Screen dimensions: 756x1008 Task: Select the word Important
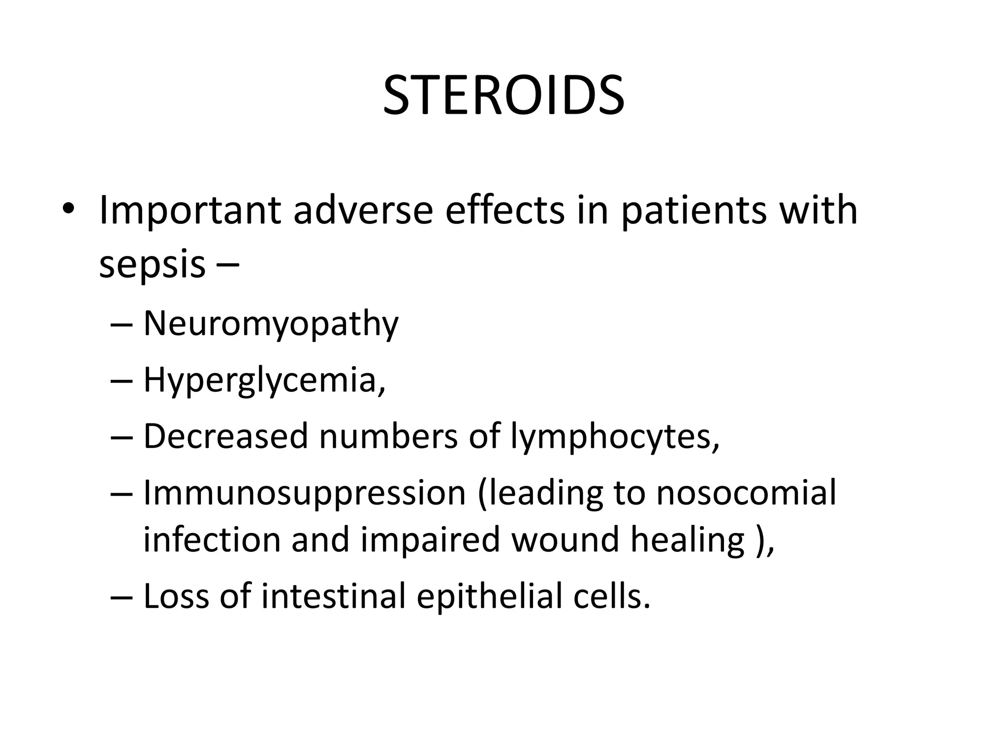190,211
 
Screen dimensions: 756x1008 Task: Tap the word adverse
363,211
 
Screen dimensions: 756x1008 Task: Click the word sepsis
152,265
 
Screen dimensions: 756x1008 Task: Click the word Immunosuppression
304,493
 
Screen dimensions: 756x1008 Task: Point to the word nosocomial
746,493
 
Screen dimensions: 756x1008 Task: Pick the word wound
565,540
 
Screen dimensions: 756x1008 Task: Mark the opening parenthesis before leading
483,494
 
